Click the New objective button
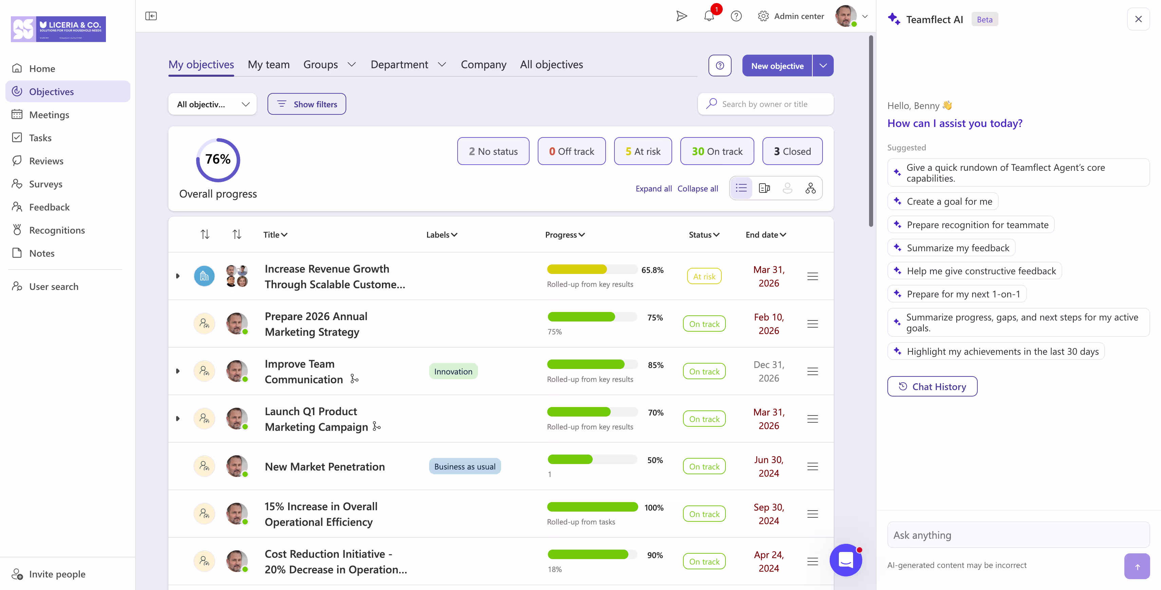(x=777, y=66)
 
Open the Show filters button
(x=307, y=104)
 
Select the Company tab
(x=483, y=64)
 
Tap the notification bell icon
(x=708, y=16)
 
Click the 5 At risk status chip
(x=643, y=151)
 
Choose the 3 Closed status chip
(x=792, y=151)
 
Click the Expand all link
(x=653, y=188)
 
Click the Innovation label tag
(x=453, y=371)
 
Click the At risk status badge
(x=704, y=276)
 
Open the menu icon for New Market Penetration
(x=812, y=466)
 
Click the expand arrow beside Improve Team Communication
(x=178, y=371)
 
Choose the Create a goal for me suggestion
(x=949, y=201)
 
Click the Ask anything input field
(x=1018, y=535)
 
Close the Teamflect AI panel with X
(x=1138, y=19)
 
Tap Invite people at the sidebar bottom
(x=57, y=574)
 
